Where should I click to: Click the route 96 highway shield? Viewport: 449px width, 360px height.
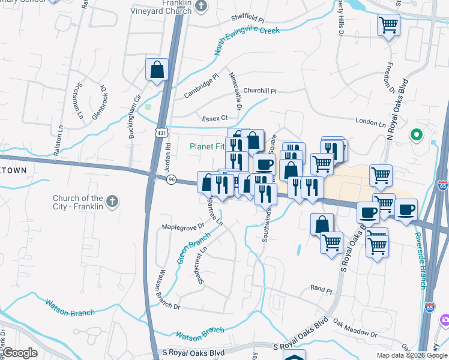(x=172, y=179)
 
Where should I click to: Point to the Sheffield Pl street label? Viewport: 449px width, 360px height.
(x=248, y=19)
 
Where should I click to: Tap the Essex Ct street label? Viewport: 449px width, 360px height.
(x=215, y=118)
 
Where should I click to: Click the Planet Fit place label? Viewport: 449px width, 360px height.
(x=208, y=146)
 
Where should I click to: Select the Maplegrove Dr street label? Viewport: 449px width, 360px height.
(x=184, y=227)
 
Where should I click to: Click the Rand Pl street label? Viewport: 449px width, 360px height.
(x=321, y=289)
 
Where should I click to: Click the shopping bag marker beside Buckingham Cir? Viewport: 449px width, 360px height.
(x=157, y=69)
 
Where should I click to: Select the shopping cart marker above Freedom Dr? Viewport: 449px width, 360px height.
(x=388, y=25)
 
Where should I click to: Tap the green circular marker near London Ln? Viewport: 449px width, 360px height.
(x=415, y=135)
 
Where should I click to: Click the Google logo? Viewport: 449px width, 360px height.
(x=19, y=353)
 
